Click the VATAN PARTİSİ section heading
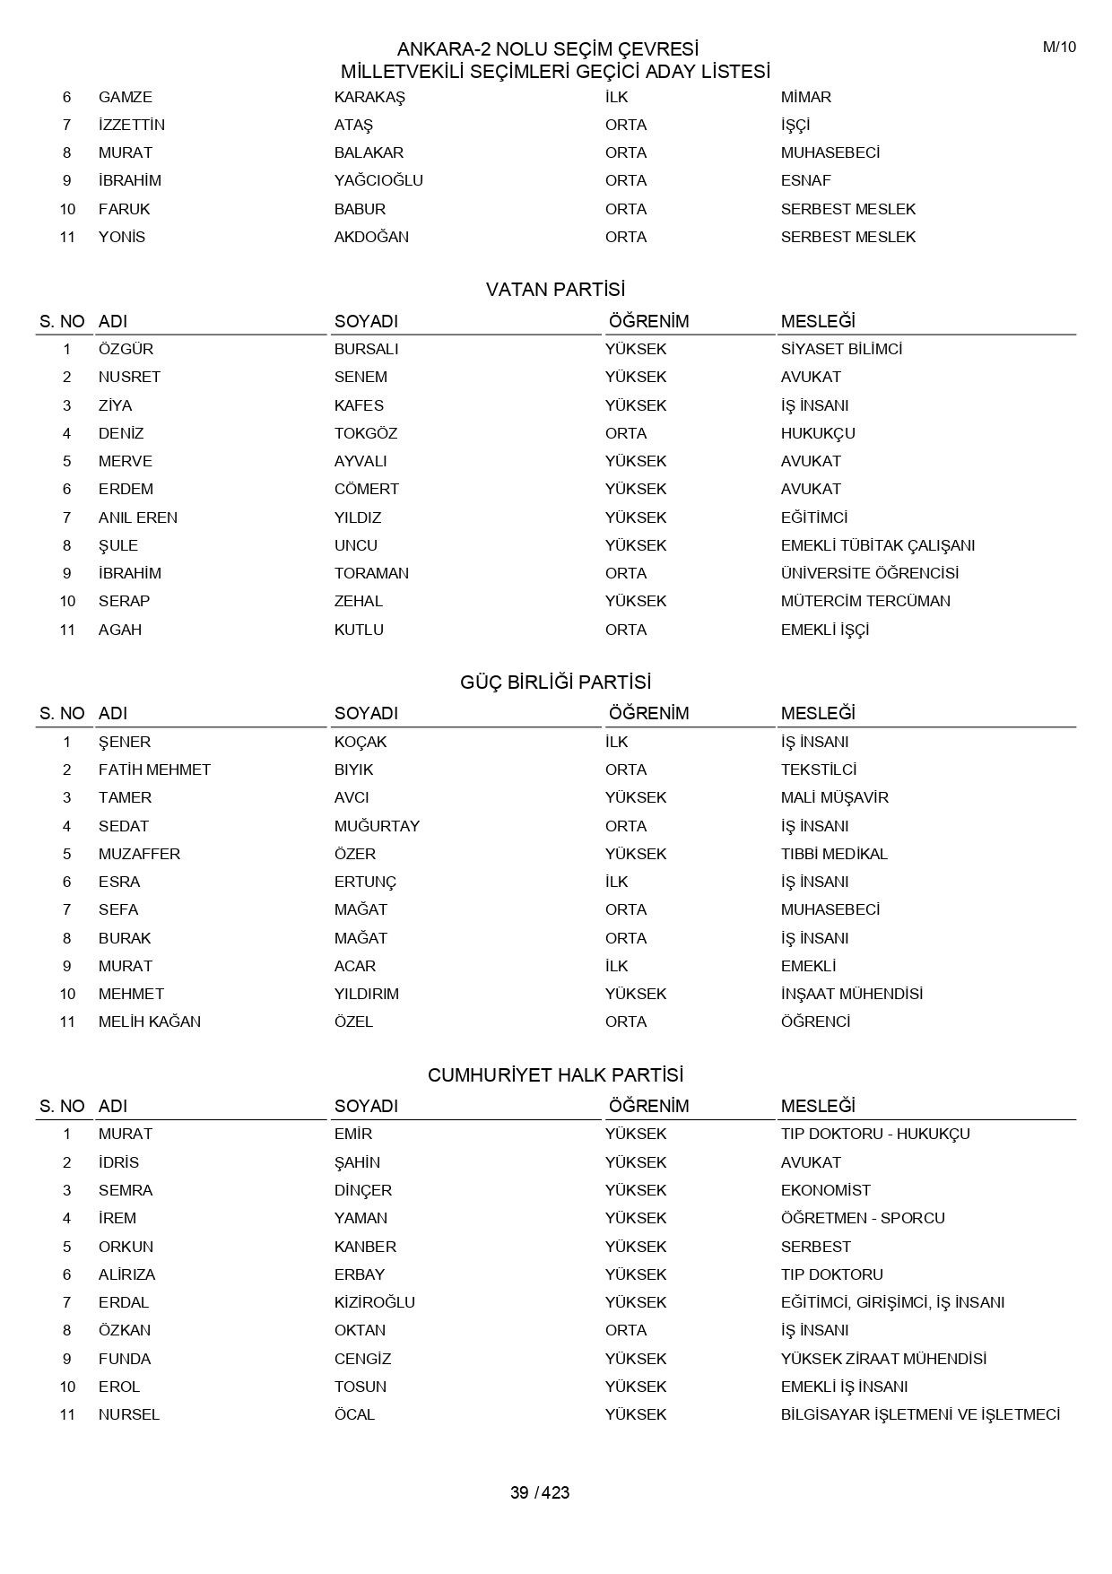555,290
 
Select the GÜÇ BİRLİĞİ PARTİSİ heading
555,683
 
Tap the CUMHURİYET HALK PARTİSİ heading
555,1074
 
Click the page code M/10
1059,48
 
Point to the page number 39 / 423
540,1492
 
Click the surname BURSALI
366,349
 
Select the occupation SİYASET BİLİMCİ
841,349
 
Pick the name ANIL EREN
138,517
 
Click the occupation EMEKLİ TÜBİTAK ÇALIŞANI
877,545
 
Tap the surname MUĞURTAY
377,826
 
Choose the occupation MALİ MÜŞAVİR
834,797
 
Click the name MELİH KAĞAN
150,1022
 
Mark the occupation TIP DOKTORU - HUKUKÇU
875,1134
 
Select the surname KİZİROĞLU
374,1302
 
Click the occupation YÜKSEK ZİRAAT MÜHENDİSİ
883,1359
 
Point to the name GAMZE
126,97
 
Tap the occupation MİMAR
806,97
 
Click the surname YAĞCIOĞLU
378,180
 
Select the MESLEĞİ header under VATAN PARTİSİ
818,321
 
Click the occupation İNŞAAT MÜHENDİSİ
852,994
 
